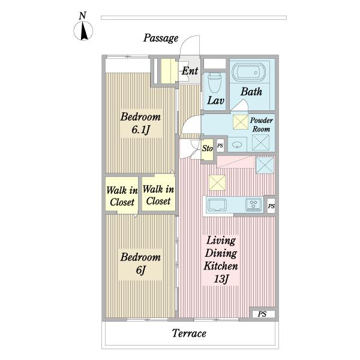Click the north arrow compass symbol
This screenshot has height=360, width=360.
click(x=83, y=31)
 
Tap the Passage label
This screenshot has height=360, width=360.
click(x=161, y=38)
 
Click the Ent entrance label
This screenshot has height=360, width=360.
click(x=190, y=71)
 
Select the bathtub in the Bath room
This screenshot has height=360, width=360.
click(x=248, y=71)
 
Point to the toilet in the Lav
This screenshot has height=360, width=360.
click(x=214, y=83)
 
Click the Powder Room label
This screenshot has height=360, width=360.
click(x=261, y=125)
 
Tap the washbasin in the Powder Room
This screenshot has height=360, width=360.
click(x=237, y=145)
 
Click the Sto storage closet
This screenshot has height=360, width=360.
click(x=208, y=150)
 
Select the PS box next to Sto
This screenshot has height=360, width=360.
click(x=220, y=146)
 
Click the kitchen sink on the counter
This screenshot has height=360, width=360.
click(x=217, y=205)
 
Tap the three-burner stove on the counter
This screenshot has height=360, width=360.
click(x=253, y=205)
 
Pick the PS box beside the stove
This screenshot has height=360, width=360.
click(x=271, y=206)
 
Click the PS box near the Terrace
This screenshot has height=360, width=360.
click(x=262, y=314)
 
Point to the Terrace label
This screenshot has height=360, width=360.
click(x=189, y=334)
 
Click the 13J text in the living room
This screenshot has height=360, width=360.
click(x=221, y=279)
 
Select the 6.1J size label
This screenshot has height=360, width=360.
click(x=141, y=130)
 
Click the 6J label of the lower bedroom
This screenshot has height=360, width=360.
click(x=141, y=270)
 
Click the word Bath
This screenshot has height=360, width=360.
click(x=251, y=92)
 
